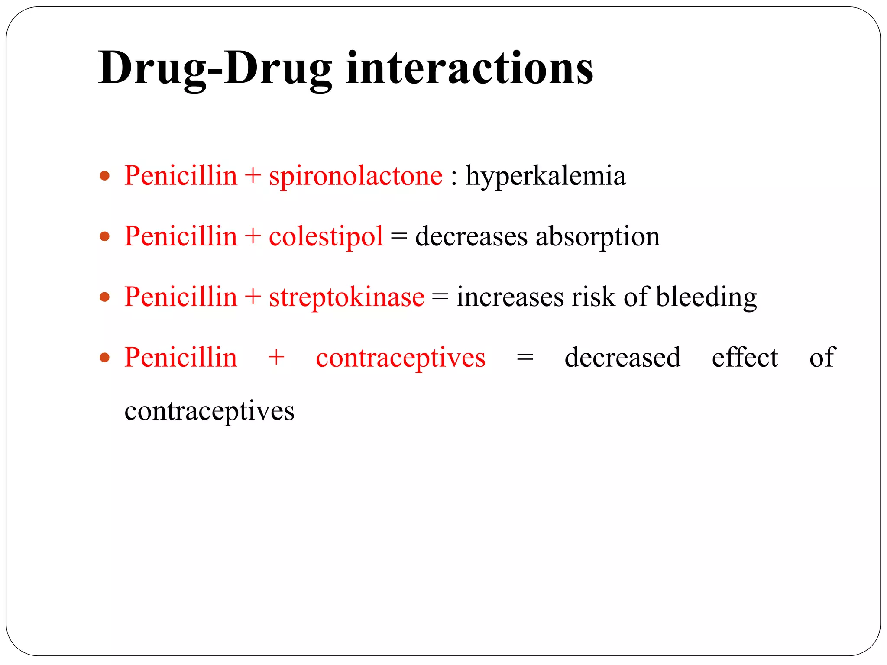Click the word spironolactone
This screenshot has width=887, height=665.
[356, 176]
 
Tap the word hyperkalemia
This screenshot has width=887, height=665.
[545, 176]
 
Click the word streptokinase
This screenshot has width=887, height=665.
[346, 297]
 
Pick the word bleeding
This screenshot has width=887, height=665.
[706, 297]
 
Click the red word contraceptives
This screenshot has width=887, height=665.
[401, 358]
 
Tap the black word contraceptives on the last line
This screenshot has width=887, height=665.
[209, 411]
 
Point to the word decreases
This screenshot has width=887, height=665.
[471, 237]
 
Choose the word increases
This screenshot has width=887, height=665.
[510, 298]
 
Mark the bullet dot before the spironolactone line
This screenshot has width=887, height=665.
[104, 176]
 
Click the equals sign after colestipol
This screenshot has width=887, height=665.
[399, 237]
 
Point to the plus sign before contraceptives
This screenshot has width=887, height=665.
[276, 358]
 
